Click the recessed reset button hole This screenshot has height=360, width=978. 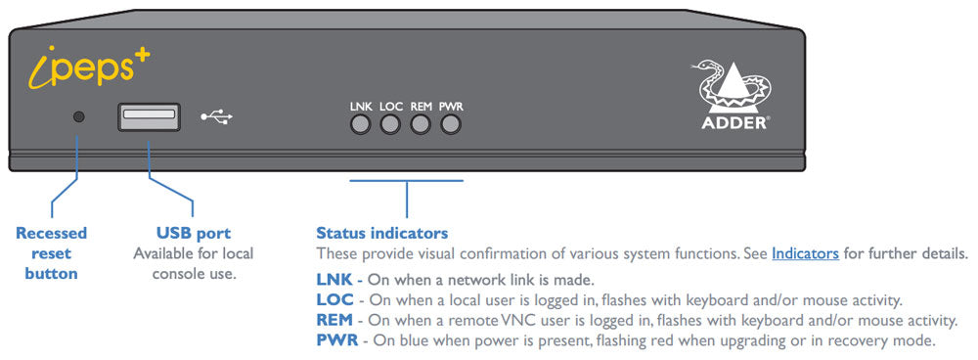pyautogui.click(x=79, y=116)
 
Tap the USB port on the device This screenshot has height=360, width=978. pyautogui.click(x=149, y=116)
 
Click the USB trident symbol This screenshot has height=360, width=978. pyautogui.click(x=217, y=116)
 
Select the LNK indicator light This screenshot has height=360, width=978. pyautogui.click(x=361, y=124)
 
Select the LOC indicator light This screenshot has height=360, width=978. pyautogui.click(x=391, y=124)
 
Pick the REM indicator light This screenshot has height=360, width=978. pyautogui.click(x=422, y=124)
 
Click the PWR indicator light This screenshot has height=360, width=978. pyautogui.click(x=451, y=124)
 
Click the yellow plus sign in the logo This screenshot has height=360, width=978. pyautogui.click(x=138, y=57)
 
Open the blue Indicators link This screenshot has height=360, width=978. pyautogui.click(x=805, y=253)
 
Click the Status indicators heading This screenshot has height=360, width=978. pyautogui.click(x=381, y=233)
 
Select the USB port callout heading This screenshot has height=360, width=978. pyautogui.click(x=194, y=233)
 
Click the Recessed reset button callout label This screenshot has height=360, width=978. pyautogui.click(x=51, y=252)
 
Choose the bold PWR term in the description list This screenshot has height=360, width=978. pyautogui.click(x=335, y=340)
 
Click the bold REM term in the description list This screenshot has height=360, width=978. pyautogui.click(x=334, y=320)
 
